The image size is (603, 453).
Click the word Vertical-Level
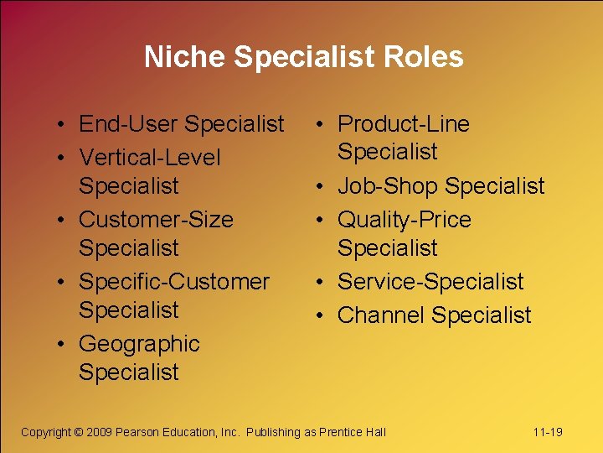pyautogui.click(x=150, y=158)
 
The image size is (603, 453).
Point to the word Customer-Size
pyautogui.click(x=156, y=220)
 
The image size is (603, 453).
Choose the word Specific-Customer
pyautogui.click(x=174, y=282)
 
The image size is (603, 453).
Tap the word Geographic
pyautogui.click(x=139, y=344)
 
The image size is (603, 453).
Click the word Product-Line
pyautogui.click(x=403, y=124)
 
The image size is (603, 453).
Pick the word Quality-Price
pyautogui.click(x=404, y=220)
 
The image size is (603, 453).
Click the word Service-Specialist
pyautogui.click(x=430, y=282)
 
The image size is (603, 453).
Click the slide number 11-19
pyautogui.click(x=548, y=432)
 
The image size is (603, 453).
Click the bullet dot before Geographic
pyautogui.click(x=64, y=344)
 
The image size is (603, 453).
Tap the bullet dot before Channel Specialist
pyautogui.click(x=322, y=315)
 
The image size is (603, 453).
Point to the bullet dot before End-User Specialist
pyautogui.click(x=64, y=124)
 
